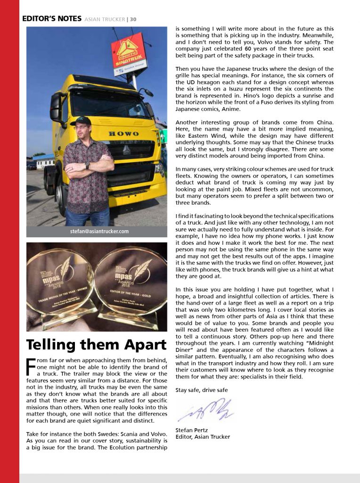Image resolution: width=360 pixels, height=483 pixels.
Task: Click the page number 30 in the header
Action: pyautogui.click(x=133, y=19)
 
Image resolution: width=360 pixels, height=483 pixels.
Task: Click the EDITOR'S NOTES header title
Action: pyautogui.click(x=51, y=19)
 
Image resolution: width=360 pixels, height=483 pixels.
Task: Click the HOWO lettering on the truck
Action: pyautogui.click(x=124, y=133)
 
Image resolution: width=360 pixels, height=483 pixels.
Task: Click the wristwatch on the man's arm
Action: pyautogui.click(x=87, y=166)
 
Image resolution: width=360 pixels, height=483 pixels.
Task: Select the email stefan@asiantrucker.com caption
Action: pyautogui.click(x=96, y=231)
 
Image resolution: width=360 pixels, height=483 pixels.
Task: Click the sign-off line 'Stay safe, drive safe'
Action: pyautogui.click(x=201, y=390)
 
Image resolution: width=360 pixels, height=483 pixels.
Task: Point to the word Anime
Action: pyautogui.click(x=244, y=109)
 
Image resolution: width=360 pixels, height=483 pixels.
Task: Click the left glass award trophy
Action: pyautogui.click(x=58, y=288)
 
